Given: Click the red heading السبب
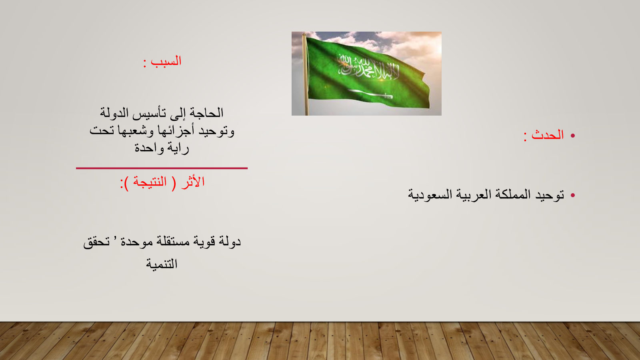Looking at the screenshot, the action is [166, 62].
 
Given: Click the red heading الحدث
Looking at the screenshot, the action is [548, 135].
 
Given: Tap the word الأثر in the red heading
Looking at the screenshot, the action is [193, 182].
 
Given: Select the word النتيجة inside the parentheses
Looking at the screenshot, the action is [150, 182].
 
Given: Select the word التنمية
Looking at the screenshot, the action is [162, 264].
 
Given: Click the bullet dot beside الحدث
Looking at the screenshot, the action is [572, 136].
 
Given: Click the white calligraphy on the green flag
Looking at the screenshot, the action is [368, 68].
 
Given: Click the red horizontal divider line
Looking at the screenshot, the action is [162, 168].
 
